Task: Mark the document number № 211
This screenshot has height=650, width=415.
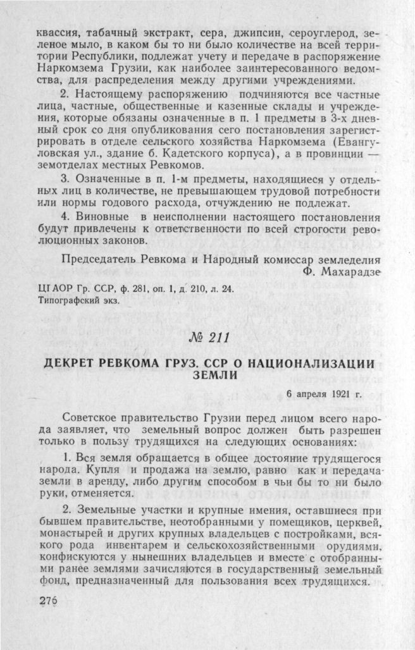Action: tap(207, 338)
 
